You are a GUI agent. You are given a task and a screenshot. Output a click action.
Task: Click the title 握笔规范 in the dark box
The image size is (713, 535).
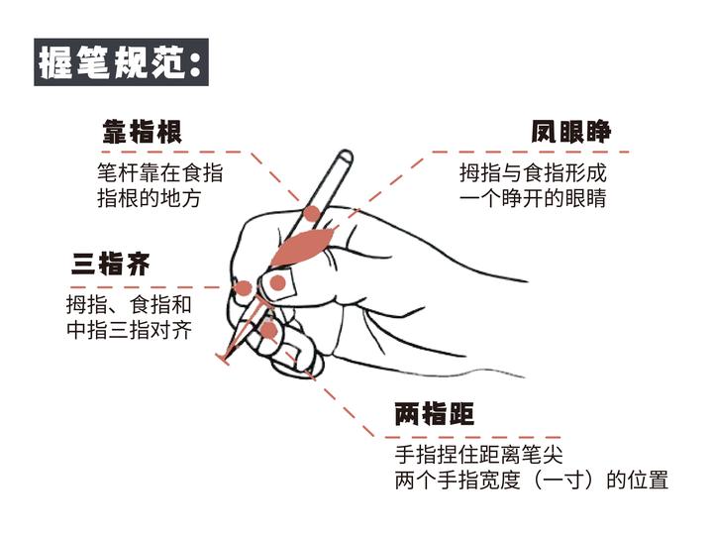[x=112, y=62]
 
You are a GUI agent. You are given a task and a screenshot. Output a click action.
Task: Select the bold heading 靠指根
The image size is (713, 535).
[x=143, y=132]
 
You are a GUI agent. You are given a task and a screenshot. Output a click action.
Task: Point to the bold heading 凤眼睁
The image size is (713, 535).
[x=570, y=132]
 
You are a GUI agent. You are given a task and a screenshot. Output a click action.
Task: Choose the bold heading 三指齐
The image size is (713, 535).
[x=111, y=264]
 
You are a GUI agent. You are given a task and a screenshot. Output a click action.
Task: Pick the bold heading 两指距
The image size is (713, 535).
[x=435, y=414]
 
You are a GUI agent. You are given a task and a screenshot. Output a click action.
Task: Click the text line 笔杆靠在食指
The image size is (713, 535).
[x=160, y=172]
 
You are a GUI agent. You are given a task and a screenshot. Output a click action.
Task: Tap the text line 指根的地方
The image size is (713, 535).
[x=150, y=198]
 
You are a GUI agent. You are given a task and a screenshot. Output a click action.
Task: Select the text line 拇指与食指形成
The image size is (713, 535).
[x=533, y=172]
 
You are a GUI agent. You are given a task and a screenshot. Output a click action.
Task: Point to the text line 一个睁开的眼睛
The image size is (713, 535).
[x=533, y=198]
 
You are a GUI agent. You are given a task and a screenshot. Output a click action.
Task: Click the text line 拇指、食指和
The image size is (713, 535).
[x=129, y=304]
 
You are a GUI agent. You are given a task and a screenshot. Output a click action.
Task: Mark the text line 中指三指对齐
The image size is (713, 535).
[x=129, y=330]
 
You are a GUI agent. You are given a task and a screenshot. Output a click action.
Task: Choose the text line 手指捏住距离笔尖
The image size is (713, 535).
[x=479, y=454]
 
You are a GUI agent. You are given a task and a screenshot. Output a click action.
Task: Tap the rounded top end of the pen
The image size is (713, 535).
[x=346, y=156]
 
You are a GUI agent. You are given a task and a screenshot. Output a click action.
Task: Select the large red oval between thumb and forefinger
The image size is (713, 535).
[x=303, y=246]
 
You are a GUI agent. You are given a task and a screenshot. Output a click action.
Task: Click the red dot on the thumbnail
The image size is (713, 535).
[x=277, y=283]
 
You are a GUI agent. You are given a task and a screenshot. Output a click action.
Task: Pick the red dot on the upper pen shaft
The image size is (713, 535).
[x=312, y=213]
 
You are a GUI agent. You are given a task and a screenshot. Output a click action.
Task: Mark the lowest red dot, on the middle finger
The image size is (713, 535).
[x=269, y=330]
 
